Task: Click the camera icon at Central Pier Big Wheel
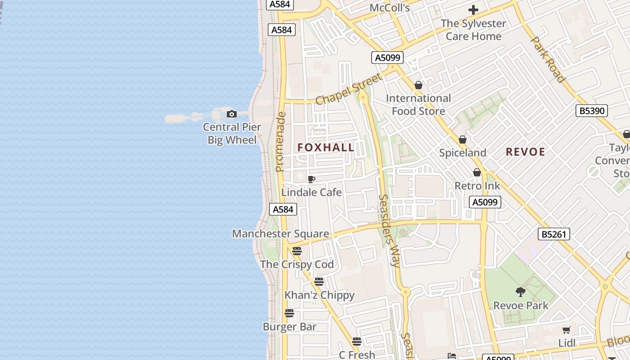point(232,114)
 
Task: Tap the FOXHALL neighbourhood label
point(326,148)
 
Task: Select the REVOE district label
point(525,152)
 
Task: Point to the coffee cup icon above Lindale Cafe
point(311,180)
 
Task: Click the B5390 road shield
point(592,111)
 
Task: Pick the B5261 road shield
point(554,234)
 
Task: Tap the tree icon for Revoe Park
point(521,292)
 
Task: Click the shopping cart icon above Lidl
point(567,330)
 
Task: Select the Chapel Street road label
point(349,89)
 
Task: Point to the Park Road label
point(548,59)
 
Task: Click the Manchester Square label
point(280,234)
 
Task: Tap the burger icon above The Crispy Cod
point(297,251)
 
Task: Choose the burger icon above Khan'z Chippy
point(319,282)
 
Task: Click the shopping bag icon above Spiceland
point(463,139)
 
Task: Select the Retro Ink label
point(477,186)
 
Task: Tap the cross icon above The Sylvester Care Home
point(473,10)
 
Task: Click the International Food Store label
point(418,104)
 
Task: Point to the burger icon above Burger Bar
point(289,313)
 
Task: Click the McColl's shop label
point(390,8)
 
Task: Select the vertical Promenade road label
point(280,142)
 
